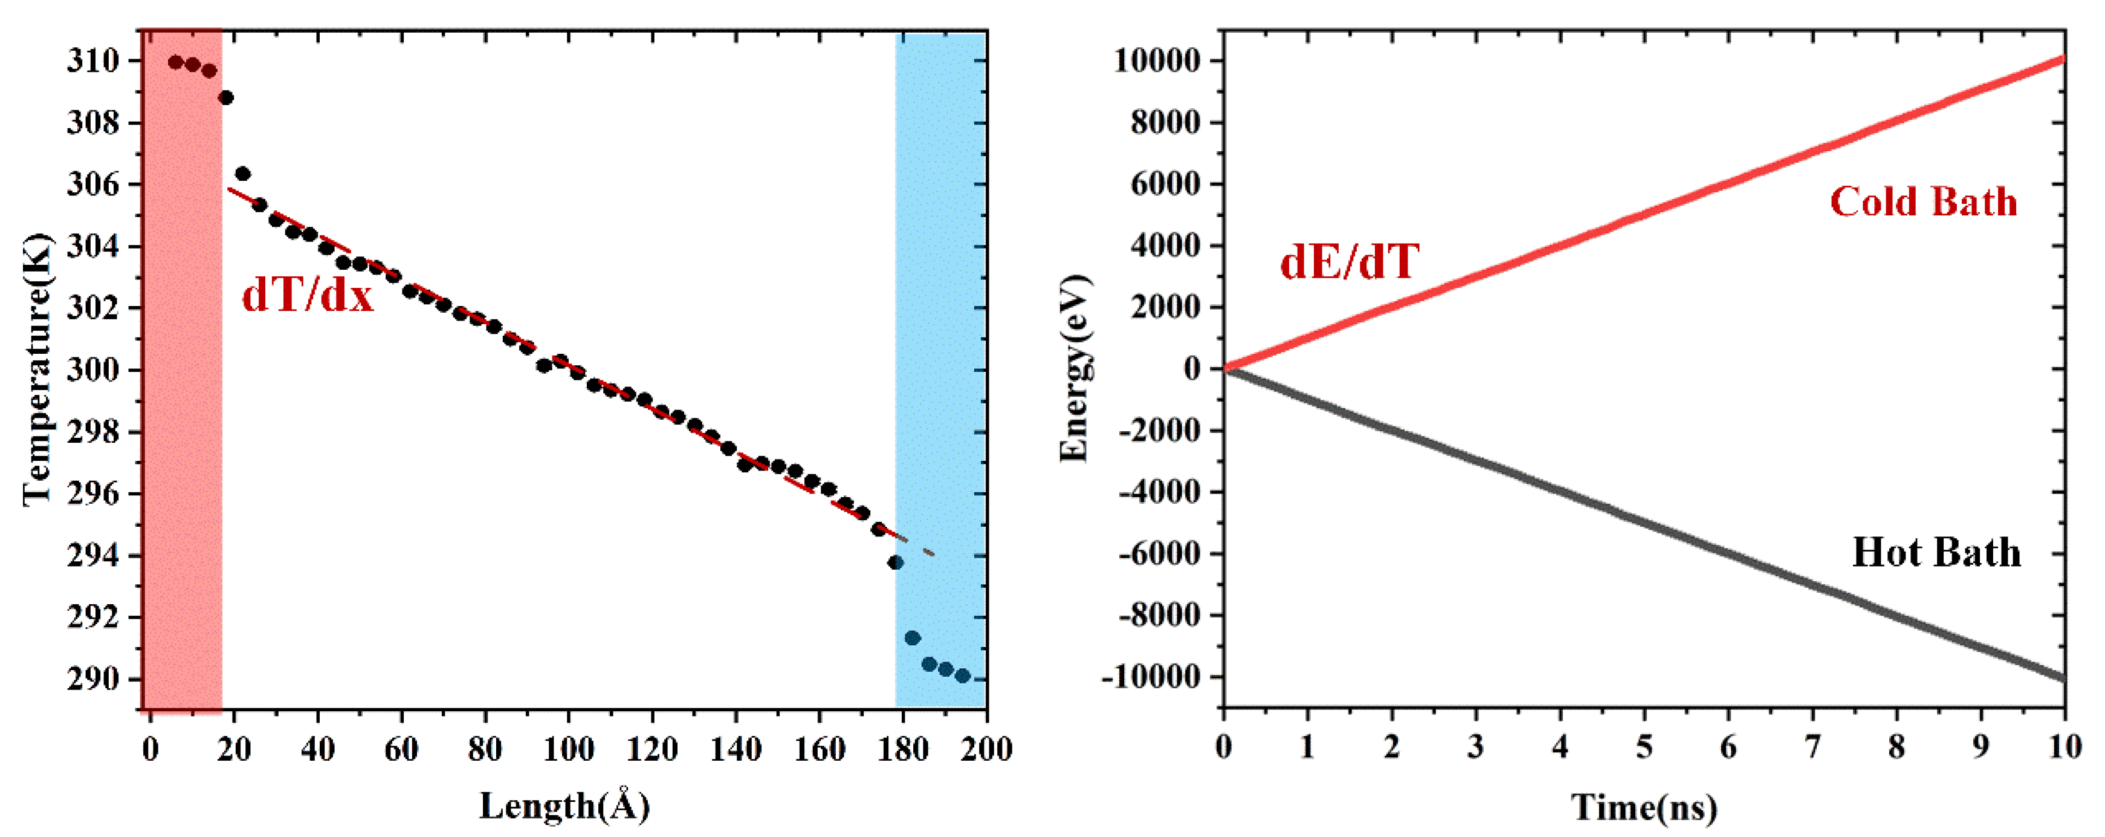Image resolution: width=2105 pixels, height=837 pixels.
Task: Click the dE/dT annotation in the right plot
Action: click(1349, 262)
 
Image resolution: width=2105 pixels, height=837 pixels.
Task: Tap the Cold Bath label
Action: click(1922, 202)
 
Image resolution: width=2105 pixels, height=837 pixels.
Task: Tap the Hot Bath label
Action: click(1936, 553)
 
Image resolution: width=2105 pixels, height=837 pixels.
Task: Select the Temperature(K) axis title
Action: click(37, 370)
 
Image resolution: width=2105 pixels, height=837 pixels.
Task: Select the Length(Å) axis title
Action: click(564, 806)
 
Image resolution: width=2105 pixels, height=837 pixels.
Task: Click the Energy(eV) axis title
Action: click(1075, 370)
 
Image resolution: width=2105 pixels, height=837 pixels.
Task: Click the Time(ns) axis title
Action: click(1644, 807)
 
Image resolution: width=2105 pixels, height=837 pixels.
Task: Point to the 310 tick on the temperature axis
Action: click(92, 61)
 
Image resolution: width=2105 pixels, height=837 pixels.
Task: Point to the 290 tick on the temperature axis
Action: click(92, 679)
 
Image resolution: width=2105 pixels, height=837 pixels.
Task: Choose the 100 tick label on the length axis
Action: click(569, 748)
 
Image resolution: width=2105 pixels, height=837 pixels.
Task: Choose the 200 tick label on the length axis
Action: click(986, 748)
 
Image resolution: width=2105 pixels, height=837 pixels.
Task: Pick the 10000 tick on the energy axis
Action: click(1157, 61)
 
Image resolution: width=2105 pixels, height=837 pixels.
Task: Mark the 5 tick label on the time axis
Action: click(1644, 746)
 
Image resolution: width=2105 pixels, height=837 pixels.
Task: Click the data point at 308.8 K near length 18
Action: click(227, 98)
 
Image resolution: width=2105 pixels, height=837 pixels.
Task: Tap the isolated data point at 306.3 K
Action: click(243, 174)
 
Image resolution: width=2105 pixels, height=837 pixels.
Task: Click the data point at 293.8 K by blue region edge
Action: click(896, 562)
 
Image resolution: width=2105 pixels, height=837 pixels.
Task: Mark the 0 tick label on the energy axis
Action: click(1193, 369)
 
